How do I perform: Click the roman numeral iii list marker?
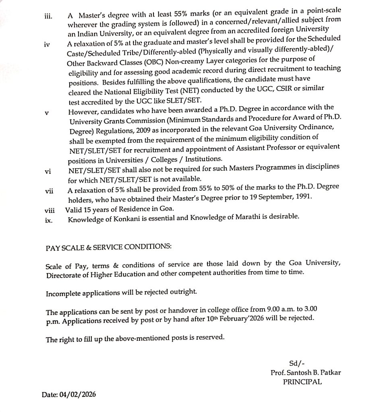point(48,16)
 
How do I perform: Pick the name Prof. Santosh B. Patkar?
point(306,373)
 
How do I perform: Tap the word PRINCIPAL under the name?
point(302,382)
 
